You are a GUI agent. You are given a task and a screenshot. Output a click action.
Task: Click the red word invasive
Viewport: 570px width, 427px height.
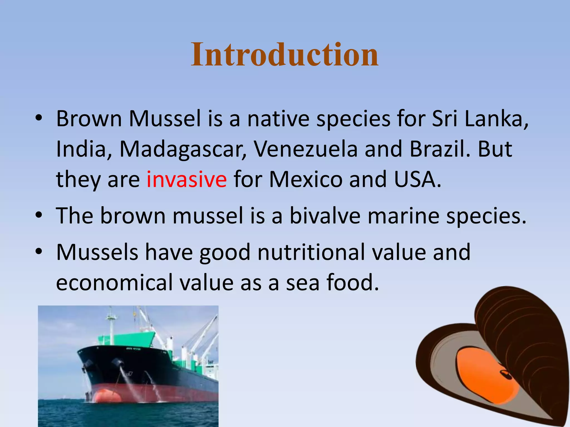[x=186, y=180]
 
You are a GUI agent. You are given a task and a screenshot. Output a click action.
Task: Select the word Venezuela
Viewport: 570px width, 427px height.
[x=306, y=149]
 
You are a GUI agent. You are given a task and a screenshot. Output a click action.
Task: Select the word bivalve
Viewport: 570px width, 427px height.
[x=325, y=216]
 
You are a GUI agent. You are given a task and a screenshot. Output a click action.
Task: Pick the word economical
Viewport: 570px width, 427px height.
[x=114, y=282]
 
